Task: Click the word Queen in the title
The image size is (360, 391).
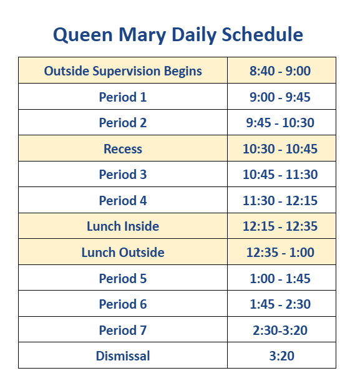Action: click(82, 34)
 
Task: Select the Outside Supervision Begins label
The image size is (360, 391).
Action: click(123, 71)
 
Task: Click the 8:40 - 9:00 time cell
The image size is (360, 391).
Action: click(280, 71)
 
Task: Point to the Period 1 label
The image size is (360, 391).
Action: click(123, 97)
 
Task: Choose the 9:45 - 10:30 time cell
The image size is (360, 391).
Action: click(280, 123)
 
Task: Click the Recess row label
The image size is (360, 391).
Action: click(123, 149)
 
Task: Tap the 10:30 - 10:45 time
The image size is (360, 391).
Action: click(280, 149)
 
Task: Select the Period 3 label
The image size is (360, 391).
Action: click(123, 175)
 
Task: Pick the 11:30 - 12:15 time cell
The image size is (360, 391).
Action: click(280, 200)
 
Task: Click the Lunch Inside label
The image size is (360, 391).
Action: click(123, 226)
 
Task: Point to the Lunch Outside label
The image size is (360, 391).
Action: click(123, 253)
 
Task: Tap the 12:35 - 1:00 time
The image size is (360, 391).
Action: click(280, 253)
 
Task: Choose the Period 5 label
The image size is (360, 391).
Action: click(123, 279)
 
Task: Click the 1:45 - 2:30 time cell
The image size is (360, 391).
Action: click(280, 304)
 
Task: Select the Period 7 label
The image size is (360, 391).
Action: click(123, 331)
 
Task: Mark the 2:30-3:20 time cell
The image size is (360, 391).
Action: click(280, 331)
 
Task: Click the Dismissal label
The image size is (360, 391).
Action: click(123, 356)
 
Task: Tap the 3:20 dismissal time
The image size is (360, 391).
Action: click(281, 356)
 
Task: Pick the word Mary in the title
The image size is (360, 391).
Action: click(142, 35)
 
